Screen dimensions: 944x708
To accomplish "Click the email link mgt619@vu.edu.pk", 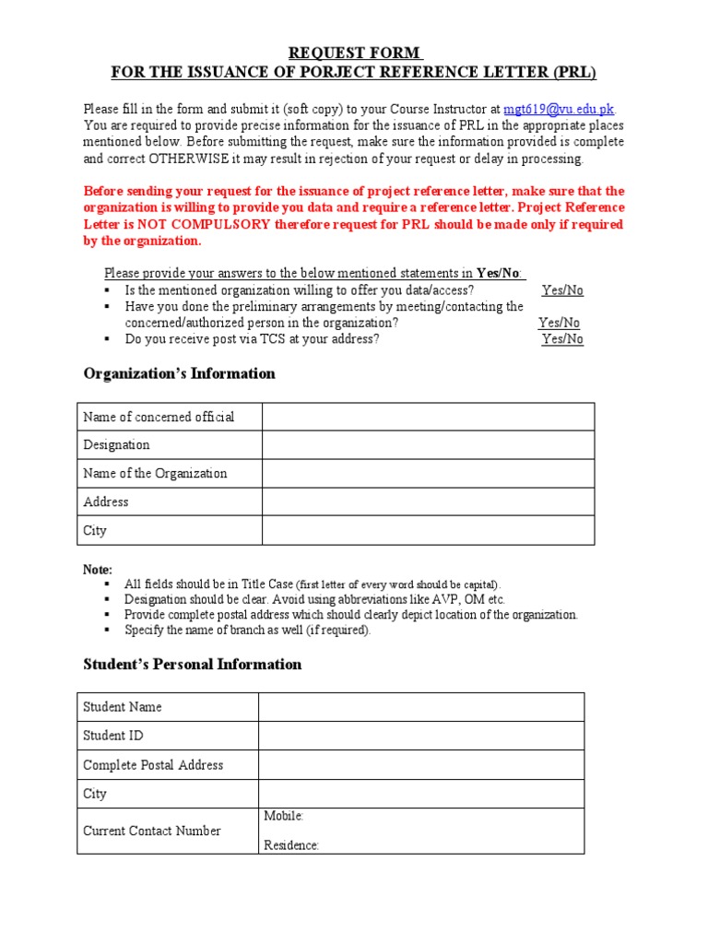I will [x=558, y=109].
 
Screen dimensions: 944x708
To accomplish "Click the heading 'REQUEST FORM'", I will [x=354, y=53].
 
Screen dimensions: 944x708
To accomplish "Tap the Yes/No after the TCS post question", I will [x=562, y=339].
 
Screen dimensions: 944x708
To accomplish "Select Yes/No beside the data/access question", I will [x=562, y=290].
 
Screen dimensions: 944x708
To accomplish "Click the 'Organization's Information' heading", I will [x=179, y=373].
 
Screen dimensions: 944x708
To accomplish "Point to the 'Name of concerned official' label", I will [x=159, y=417].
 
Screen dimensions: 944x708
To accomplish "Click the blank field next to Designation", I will [x=428, y=445].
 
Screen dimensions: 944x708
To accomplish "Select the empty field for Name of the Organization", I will [x=428, y=474].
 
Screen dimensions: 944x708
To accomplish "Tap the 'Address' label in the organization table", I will [x=106, y=502].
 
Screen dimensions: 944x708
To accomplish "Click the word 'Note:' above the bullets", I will [x=98, y=570].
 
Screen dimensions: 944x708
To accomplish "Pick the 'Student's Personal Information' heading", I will [x=192, y=664].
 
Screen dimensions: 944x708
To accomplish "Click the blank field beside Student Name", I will [x=420, y=707].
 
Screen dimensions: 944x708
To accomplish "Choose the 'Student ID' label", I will [x=113, y=736].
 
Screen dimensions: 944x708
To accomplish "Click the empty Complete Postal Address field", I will [x=420, y=765].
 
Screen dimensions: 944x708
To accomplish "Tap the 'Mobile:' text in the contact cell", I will [x=284, y=816].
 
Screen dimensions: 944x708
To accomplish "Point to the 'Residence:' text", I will [x=291, y=845].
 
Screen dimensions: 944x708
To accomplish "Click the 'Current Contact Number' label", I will [x=152, y=831].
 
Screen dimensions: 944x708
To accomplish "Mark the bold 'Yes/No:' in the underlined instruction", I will [x=499, y=273].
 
